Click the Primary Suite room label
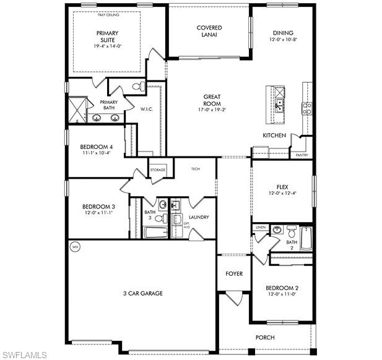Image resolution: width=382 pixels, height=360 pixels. click(x=106, y=36)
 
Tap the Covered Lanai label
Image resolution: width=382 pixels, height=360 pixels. click(x=209, y=32)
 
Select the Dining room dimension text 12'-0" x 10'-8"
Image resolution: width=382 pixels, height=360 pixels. click(x=282, y=40)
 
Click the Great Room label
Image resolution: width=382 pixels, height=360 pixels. click(x=212, y=100)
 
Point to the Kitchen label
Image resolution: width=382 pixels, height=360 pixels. click(x=274, y=135)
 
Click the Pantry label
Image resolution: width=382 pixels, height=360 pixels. click(x=302, y=155)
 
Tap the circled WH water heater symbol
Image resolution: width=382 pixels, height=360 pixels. click(x=75, y=246)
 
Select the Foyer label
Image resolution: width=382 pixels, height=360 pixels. click(x=233, y=273)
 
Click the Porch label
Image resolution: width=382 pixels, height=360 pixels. click(x=265, y=337)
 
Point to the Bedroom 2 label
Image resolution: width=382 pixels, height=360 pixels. click(x=282, y=288)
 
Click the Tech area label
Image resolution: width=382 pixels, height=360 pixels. click(x=195, y=169)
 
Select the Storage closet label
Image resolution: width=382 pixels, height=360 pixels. click(x=157, y=169)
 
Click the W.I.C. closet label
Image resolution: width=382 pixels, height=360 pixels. click(x=146, y=109)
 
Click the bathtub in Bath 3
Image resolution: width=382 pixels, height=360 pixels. click(x=155, y=233)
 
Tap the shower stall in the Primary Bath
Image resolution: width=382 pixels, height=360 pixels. click(x=77, y=109)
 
